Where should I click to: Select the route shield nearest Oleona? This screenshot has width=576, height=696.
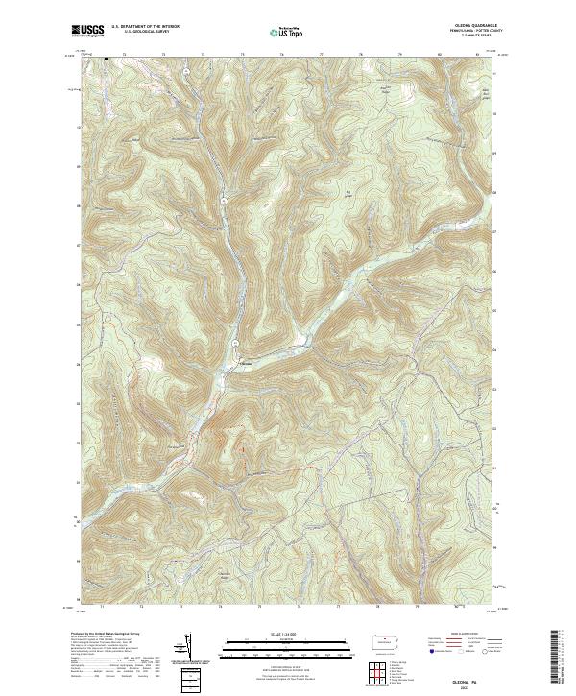click(x=233, y=343)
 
